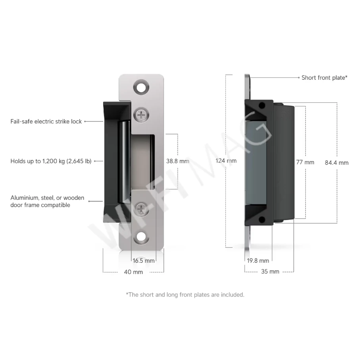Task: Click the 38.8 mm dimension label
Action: (177, 161)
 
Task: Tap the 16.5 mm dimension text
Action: (144, 261)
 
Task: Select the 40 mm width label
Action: (133, 272)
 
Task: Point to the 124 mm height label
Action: (226, 161)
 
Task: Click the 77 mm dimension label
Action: (305, 162)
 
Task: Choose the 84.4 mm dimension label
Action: (336, 162)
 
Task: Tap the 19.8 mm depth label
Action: (258, 261)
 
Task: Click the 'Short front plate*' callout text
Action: (324, 78)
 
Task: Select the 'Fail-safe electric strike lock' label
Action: (46, 121)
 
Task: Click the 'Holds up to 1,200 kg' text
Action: (51, 161)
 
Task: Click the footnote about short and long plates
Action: (185, 295)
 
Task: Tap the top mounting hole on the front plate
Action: (141, 87)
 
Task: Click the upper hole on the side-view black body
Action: (262, 106)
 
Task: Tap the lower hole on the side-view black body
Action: (262, 219)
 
